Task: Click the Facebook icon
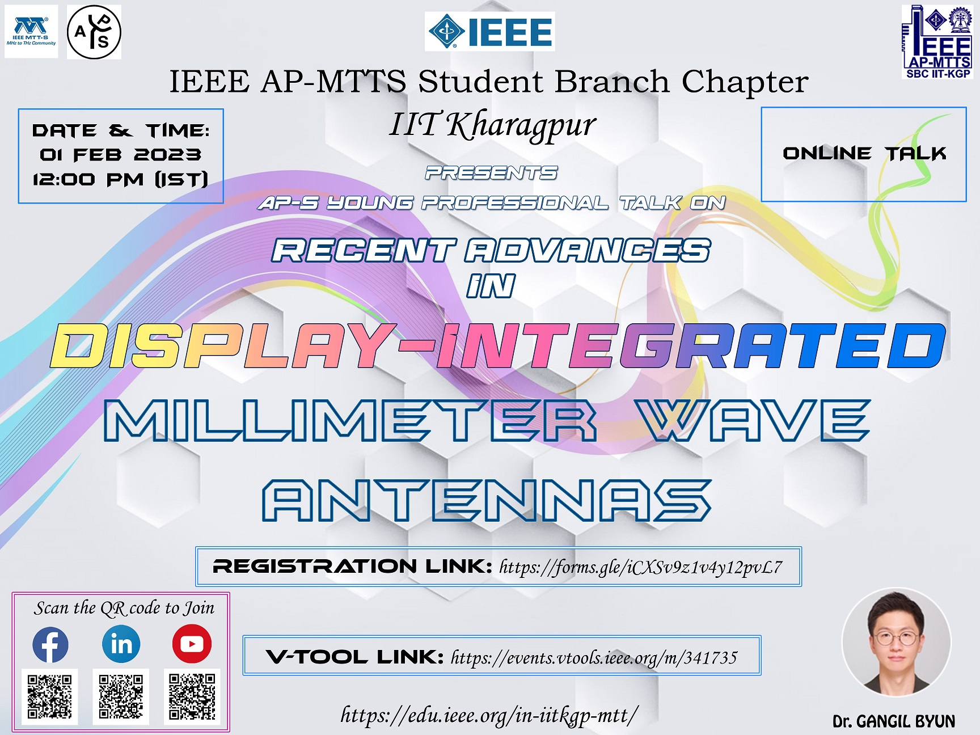point(50,645)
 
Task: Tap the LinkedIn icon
point(121,644)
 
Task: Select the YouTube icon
point(192,644)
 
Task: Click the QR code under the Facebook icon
point(50,696)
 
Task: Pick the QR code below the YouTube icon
point(192,696)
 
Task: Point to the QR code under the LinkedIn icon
point(121,696)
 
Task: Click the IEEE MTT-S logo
point(31,32)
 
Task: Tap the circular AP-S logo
point(94,32)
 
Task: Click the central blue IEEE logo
point(490,32)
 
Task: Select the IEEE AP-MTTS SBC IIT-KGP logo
point(937,42)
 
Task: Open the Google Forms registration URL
point(640,567)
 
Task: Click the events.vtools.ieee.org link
point(594,657)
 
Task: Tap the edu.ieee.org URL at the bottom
point(489,715)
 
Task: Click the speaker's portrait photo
point(895,642)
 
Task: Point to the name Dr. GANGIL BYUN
point(894,721)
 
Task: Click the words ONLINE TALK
point(864,153)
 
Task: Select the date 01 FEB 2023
point(120,155)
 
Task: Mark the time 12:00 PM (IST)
point(120,180)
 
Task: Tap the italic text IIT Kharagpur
point(492,125)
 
